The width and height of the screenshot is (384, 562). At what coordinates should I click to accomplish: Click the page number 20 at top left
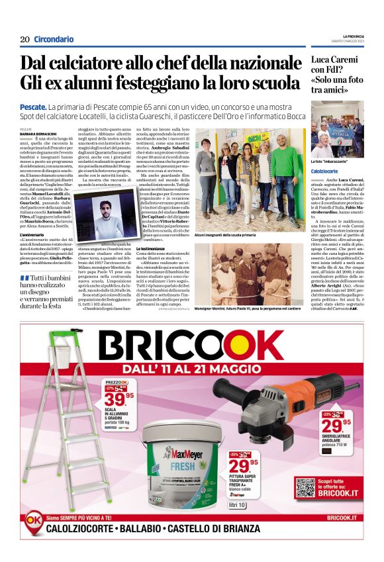pos(24,39)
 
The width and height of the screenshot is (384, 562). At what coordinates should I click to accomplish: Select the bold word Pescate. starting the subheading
pos(33,107)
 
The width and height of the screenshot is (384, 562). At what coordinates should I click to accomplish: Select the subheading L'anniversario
pos(32,234)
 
